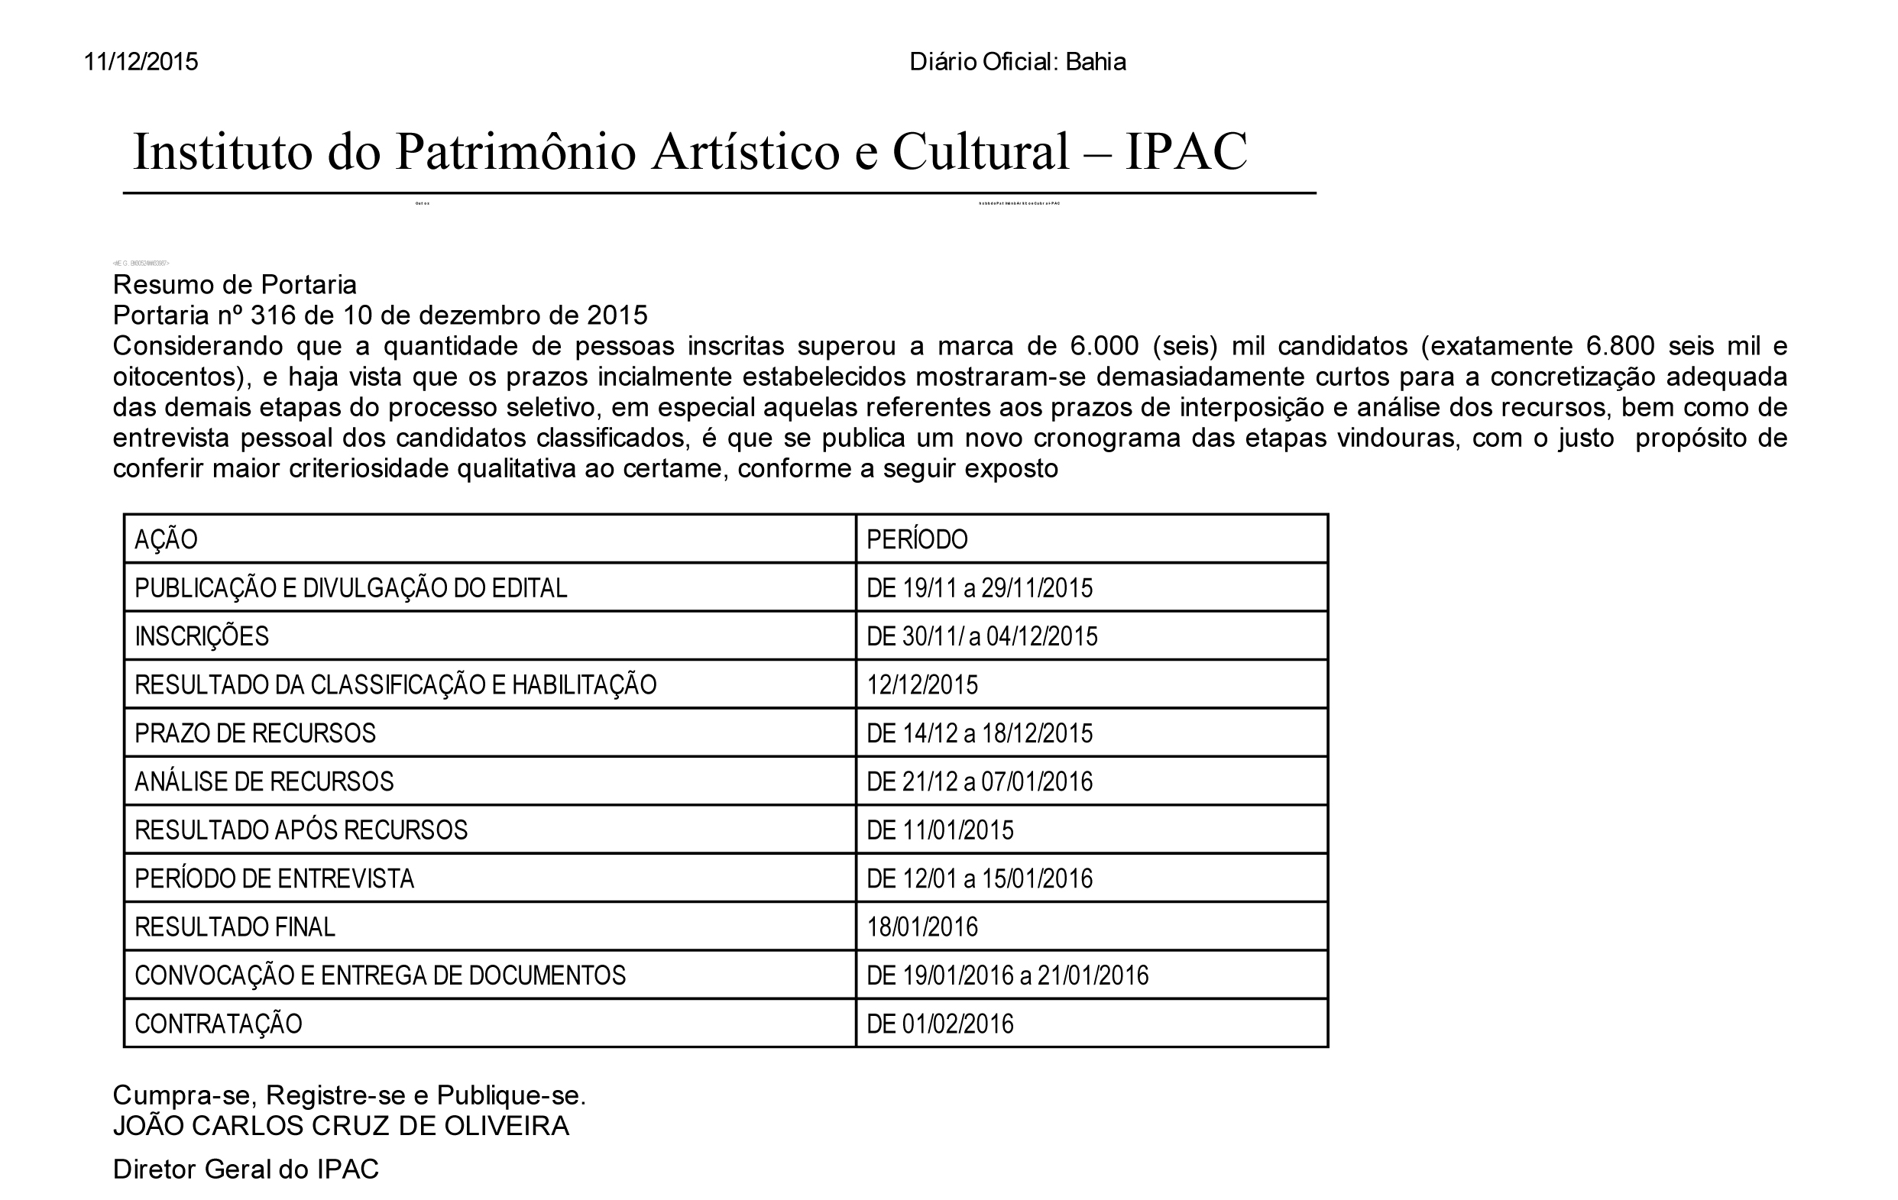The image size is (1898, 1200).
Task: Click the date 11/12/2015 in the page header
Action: (x=141, y=62)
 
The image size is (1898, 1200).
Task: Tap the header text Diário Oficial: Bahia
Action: (x=1017, y=62)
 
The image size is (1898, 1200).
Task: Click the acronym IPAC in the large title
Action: (x=1185, y=151)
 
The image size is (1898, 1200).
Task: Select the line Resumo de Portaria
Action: (x=235, y=284)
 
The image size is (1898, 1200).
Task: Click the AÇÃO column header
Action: (x=166, y=540)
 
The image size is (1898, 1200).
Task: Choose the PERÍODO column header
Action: (x=917, y=540)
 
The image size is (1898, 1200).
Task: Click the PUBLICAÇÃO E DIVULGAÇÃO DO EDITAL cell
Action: (x=351, y=589)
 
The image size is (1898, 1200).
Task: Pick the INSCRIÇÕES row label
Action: (x=202, y=636)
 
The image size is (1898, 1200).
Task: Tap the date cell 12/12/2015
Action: (x=922, y=685)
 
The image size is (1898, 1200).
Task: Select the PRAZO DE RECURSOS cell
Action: (x=255, y=733)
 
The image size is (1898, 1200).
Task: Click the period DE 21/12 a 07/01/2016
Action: (x=980, y=781)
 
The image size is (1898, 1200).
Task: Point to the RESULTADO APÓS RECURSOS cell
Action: (x=301, y=830)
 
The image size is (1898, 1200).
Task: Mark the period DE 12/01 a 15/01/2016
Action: (x=980, y=878)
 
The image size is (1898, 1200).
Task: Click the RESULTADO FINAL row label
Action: (x=235, y=927)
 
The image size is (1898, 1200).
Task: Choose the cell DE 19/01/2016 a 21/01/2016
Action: (x=1007, y=976)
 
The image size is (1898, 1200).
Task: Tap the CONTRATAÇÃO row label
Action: (x=219, y=1024)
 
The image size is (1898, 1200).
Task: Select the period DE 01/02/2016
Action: (x=941, y=1024)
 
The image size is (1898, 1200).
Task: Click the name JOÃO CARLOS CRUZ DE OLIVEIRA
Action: (x=341, y=1126)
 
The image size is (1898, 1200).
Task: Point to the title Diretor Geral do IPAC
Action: (x=246, y=1169)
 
